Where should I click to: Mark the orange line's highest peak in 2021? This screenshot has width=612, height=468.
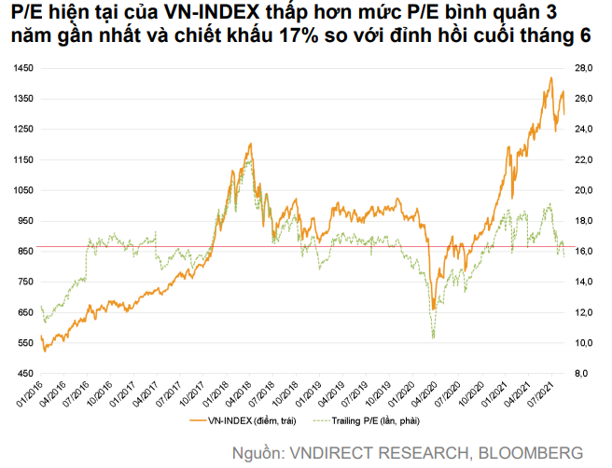(550, 77)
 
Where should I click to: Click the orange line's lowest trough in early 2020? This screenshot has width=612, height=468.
(434, 309)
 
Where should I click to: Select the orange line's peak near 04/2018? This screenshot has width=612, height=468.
(250, 145)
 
